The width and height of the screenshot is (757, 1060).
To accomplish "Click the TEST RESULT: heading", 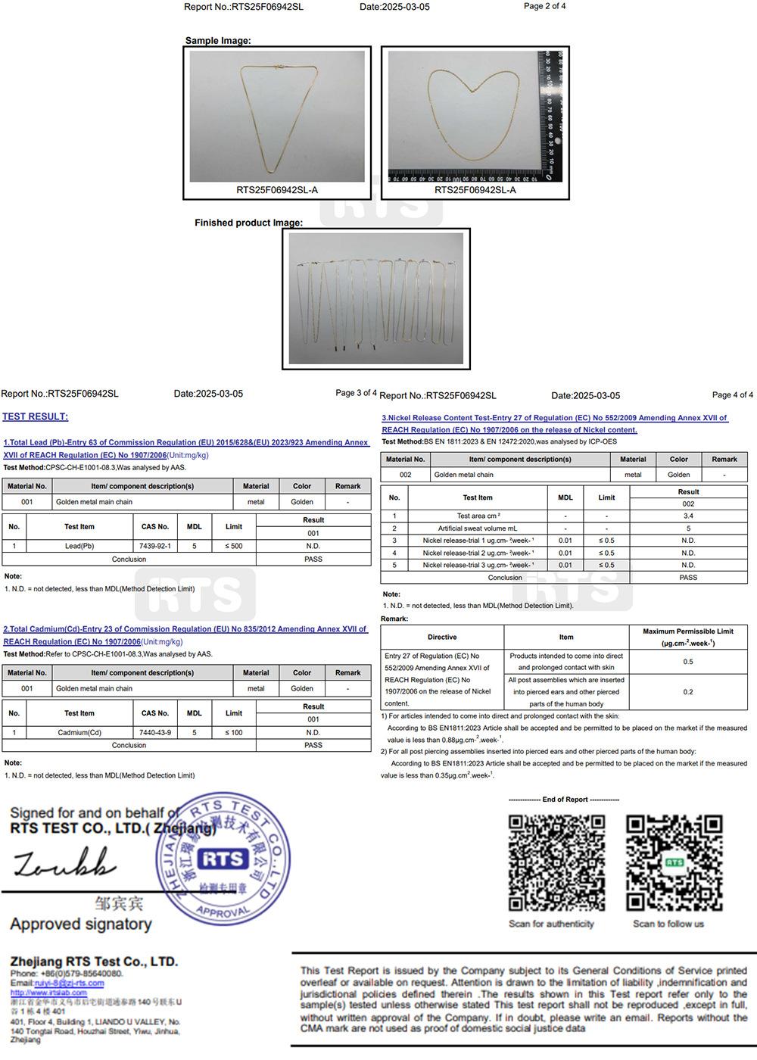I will (36, 416).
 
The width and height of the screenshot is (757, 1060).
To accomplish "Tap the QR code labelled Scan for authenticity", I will (556, 863).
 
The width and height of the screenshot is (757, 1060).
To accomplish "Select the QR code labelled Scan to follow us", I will (674, 863).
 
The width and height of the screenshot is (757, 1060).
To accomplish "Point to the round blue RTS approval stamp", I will (223, 859).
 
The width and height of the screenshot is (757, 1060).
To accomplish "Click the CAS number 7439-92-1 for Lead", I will (155, 546).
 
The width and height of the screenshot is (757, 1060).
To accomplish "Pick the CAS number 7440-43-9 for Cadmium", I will (155, 733).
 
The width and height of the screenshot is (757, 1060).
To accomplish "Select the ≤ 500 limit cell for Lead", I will (234, 546).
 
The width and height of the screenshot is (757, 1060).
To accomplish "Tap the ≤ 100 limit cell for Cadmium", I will (234, 733).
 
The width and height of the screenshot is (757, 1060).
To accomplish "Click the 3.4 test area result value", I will (688, 516).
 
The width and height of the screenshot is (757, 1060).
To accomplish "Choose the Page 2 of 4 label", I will (544, 6).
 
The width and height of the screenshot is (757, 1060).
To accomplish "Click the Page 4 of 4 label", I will (732, 395).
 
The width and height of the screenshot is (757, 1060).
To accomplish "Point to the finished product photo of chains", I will (376, 298).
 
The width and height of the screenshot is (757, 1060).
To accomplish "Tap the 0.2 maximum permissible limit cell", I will (688, 692).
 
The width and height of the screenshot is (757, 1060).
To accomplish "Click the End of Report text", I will (564, 800).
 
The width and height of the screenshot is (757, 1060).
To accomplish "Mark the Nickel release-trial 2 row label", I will (478, 553).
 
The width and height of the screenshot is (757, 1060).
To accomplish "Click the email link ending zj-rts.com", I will (69, 983).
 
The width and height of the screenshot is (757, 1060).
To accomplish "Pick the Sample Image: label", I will (218, 41).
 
